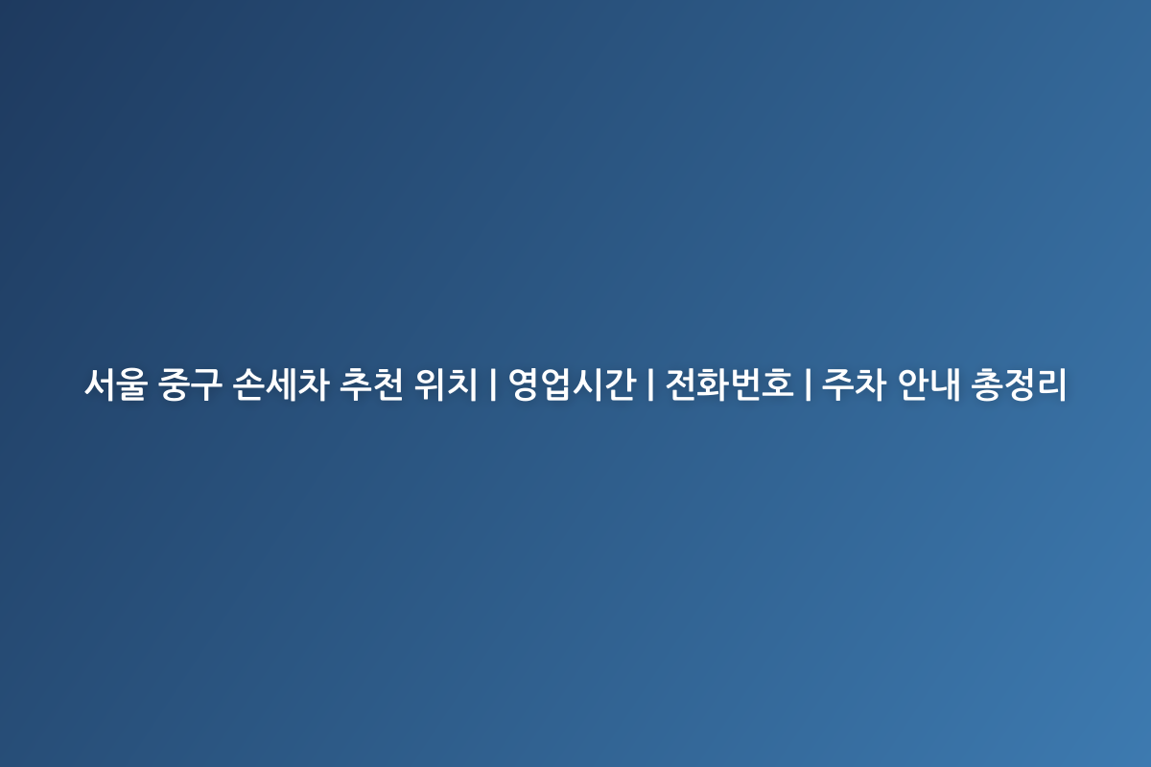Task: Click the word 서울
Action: click(116, 384)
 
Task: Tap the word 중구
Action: click(190, 384)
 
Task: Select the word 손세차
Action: click(280, 384)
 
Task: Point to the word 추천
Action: click(371, 384)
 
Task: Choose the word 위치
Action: click(445, 384)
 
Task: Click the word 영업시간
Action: click(573, 384)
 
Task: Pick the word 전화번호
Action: click(730, 384)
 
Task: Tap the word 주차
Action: click(854, 384)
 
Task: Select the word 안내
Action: click(928, 384)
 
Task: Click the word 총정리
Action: click(1019, 384)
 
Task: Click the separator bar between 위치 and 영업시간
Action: click(493, 384)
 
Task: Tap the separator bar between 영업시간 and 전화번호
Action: click(650, 384)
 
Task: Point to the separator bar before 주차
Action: click(808, 384)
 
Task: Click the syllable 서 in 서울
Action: click(100, 384)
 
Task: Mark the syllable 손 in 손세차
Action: click(248, 384)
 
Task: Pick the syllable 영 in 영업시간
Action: click(524, 384)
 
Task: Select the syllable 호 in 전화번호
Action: click(778, 384)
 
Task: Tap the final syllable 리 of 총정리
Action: click(1051, 384)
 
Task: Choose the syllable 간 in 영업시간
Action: click(621, 384)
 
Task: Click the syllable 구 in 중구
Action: click(206, 384)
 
